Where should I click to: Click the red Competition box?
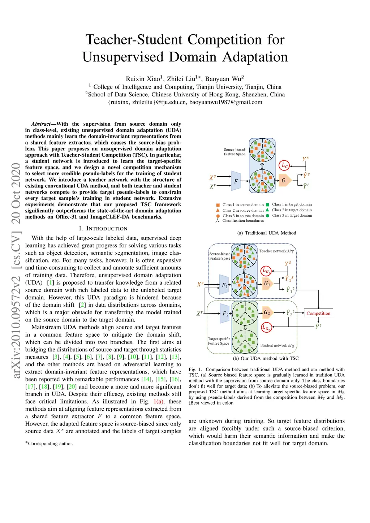coord(318,313)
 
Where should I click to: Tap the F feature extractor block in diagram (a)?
coord(236,181)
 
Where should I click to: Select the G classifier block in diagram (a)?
coord(284,181)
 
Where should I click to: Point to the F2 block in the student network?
coord(225,314)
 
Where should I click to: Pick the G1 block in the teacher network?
coord(267,284)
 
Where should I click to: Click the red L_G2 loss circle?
coord(266,328)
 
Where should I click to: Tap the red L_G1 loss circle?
coord(266,271)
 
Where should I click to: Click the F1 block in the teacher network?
coord(224,285)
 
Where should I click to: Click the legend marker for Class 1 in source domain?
coord(218,205)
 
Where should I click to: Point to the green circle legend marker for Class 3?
coord(267,216)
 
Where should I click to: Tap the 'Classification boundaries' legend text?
coord(243,221)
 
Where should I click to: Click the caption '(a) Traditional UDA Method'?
coord(267,233)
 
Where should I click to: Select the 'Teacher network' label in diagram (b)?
coord(276,251)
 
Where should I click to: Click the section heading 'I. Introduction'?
coord(103,229)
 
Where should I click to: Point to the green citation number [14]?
coord(147,379)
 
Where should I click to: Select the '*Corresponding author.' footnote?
coord(49,444)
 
